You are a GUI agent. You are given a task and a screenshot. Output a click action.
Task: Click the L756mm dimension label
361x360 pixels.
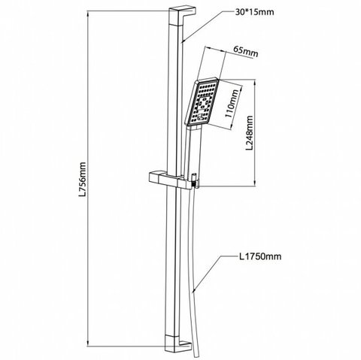(x=83, y=179)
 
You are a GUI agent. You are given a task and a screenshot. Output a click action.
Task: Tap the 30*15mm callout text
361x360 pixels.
(x=254, y=12)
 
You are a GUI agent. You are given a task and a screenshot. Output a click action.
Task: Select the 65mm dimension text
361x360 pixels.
(x=245, y=52)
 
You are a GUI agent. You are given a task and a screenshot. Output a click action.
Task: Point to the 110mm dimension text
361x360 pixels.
(x=232, y=103)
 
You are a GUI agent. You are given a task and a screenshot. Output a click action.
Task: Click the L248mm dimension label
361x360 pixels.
(x=249, y=132)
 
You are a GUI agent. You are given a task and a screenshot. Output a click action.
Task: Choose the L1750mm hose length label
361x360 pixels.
(x=259, y=256)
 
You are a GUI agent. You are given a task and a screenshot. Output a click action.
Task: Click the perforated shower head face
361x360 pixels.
(x=202, y=102)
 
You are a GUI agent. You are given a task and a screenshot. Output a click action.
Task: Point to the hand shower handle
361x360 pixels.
(x=193, y=153)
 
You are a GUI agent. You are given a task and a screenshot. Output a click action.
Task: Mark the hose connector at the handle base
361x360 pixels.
(x=194, y=180)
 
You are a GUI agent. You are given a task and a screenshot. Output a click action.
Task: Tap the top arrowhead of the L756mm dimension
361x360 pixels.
(x=88, y=14)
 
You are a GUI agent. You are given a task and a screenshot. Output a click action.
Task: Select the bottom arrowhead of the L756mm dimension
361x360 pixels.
(x=88, y=343)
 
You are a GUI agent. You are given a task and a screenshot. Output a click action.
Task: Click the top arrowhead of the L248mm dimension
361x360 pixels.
(x=255, y=83)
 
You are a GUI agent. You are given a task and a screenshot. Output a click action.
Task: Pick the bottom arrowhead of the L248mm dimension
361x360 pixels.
(x=255, y=183)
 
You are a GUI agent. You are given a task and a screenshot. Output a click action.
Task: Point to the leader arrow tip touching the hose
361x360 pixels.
(x=193, y=292)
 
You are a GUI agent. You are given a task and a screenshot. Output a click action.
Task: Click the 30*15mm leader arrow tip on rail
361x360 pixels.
(x=182, y=41)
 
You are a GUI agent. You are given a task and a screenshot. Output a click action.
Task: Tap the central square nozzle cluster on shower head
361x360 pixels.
(x=204, y=103)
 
